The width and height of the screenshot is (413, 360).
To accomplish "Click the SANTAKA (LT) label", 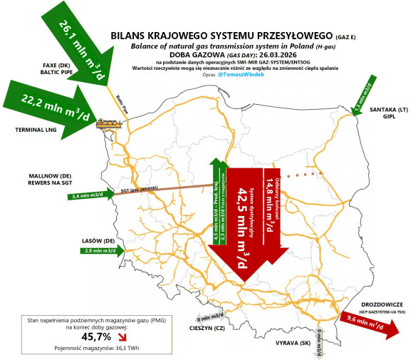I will [x=388, y=110].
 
